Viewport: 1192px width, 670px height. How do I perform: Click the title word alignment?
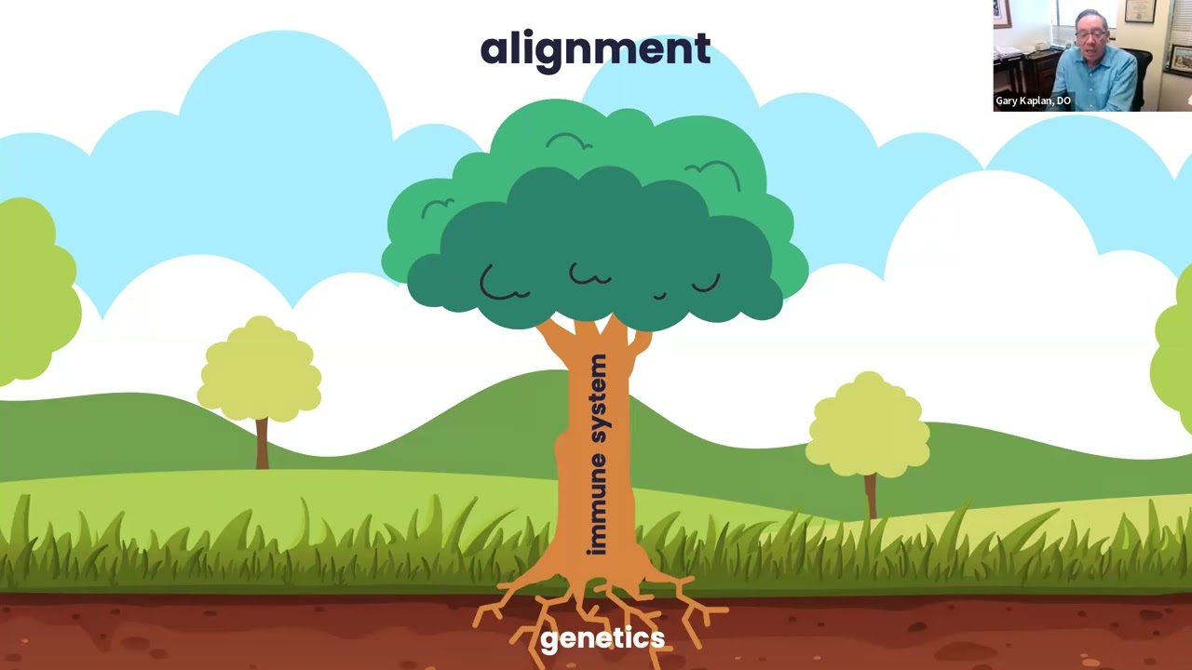click(x=595, y=51)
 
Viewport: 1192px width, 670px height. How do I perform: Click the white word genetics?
click(x=603, y=639)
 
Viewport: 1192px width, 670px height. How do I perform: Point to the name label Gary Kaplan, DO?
click(x=1033, y=100)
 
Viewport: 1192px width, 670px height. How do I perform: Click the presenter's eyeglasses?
click(x=1089, y=36)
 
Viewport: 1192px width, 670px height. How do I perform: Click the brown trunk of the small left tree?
click(x=262, y=444)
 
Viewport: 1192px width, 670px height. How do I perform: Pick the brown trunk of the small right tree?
click(x=870, y=495)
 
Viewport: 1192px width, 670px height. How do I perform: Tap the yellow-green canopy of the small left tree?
click(x=259, y=369)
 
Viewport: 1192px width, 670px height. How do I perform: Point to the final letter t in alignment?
click(x=701, y=49)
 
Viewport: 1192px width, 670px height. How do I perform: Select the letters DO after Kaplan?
click(x=1063, y=100)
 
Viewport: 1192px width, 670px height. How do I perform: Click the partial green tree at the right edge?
click(x=1173, y=362)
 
